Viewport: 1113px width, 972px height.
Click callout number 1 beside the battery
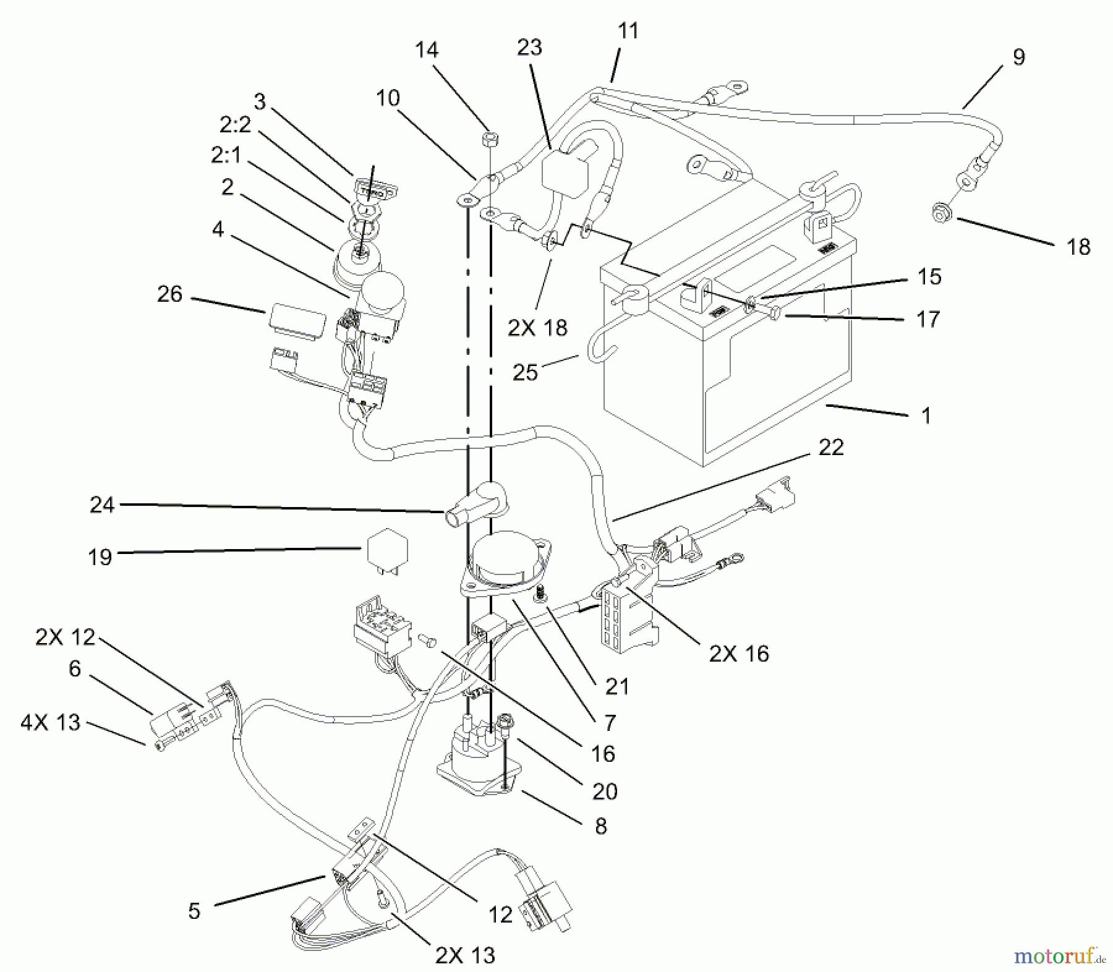[926, 416]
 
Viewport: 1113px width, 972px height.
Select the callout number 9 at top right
[1018, 58]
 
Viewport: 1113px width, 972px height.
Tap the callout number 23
[530, 48]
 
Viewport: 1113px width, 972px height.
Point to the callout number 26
[169, 294]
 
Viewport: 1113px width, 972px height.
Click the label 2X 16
[739, 653]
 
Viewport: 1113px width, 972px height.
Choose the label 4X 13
[51, 722]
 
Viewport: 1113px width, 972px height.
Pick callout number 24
[102, 505]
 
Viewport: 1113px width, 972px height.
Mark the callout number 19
[100, 557]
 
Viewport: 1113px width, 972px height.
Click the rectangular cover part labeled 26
[297, 322]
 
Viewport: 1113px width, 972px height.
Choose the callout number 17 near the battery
[927, 319]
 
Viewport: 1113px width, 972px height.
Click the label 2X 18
[537, 328]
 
